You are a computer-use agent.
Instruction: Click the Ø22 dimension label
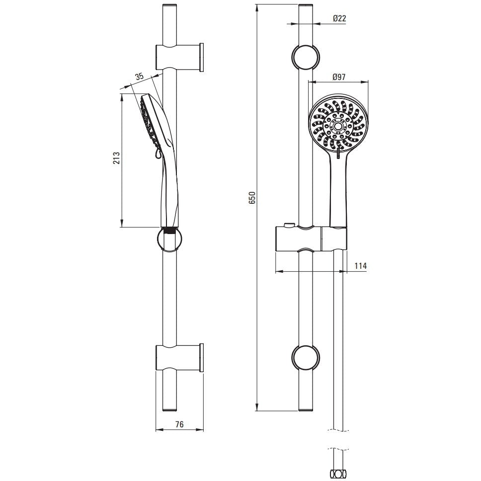tap(339, 18)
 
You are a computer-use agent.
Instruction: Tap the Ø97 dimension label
tap(339, 77)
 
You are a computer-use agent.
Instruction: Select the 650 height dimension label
tap(252, 198)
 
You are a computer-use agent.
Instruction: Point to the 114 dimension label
tap(361, 266)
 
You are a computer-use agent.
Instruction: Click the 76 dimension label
tap(179, 424)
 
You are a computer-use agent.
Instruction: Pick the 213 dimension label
tap(117, 158)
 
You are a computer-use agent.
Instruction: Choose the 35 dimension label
tap(140, 77)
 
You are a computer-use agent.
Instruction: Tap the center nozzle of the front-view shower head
tap(339, 126)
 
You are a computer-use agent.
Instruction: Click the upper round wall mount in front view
tap(305, 58)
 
